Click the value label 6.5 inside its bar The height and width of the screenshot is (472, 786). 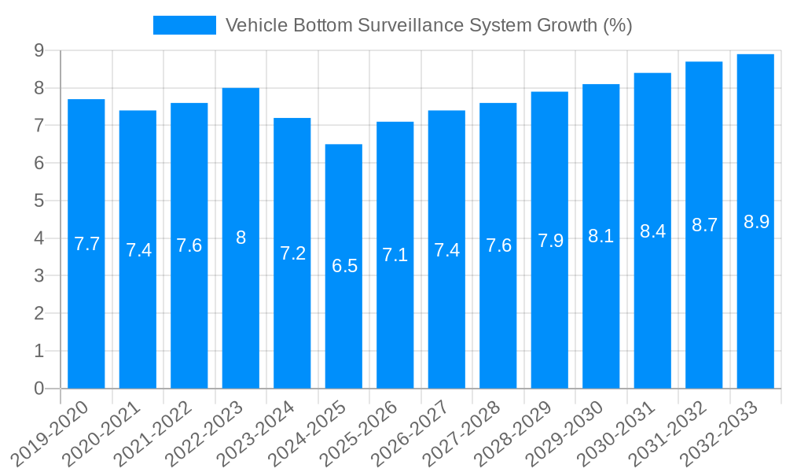344,266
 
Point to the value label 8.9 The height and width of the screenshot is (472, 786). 755,222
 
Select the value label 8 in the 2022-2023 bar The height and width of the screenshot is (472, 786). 241,238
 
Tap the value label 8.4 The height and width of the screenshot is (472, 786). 652,231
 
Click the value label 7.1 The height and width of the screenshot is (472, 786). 395,255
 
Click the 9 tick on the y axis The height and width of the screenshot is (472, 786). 39,50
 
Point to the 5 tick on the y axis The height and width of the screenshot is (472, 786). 39,201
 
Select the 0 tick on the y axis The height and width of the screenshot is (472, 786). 39,389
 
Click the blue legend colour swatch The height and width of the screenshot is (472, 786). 184,25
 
